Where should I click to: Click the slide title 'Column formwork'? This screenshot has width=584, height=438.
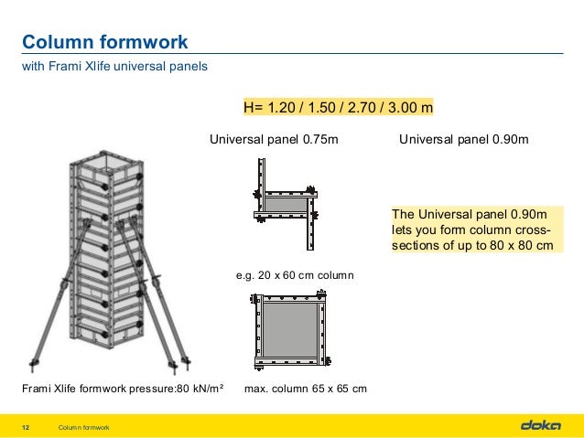click(x=104, y=42)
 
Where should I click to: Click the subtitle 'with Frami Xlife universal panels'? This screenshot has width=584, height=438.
click(x=114, y=66)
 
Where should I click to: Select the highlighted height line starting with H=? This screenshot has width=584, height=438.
click(x=337, y=108)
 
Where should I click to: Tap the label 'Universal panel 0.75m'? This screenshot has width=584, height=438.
click(x=275, y=140)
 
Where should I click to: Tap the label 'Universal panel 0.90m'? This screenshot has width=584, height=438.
click(x=464, y=140)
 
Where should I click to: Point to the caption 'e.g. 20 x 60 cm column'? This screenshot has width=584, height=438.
click(x=295, y=274)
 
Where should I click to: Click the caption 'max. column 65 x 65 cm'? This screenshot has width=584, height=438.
click(x=306, y=389)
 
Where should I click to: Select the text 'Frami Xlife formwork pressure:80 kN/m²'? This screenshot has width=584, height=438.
click(x=123, y=389)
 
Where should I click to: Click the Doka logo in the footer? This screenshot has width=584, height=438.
click(x=540, y=425)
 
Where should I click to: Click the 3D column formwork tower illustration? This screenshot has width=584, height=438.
click(x=109, y=256)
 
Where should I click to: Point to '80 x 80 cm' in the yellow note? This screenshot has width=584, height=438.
click(x=518, y=246)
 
